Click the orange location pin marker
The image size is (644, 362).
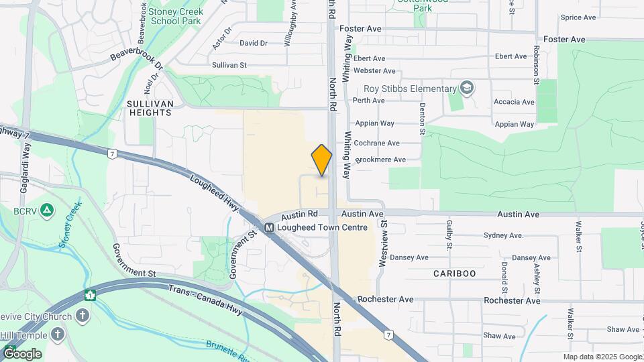pos(322,160)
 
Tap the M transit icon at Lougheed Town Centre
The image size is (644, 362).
pos(269,227)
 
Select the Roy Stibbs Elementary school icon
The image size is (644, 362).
pos(467,88)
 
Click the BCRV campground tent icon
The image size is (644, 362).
pos(46,211)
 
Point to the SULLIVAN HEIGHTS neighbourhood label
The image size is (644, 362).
pos(150,108)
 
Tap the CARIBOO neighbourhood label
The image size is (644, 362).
pos(454,274)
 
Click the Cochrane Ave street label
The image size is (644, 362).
pos(376,143)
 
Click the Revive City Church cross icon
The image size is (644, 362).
pos(83,315)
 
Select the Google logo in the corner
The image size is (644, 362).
pos(22,353)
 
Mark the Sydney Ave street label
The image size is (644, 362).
pos(503,235)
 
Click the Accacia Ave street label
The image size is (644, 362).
pos(515,102)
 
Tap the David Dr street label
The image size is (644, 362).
pos(254,43)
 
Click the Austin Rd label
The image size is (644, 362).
pos(299,216)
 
